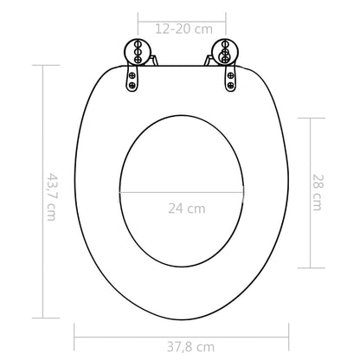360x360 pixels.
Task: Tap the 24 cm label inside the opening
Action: [x=186, y=209]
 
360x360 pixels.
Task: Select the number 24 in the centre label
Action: [x=177, y=209]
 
